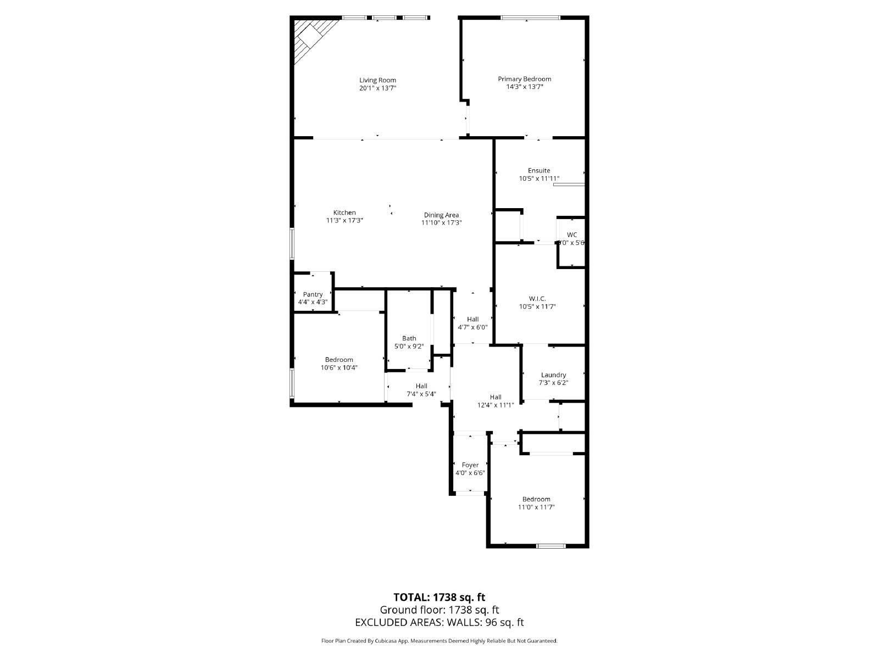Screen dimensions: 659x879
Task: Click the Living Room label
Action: point(377,80)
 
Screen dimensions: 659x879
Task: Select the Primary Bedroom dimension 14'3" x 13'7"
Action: point(524,87)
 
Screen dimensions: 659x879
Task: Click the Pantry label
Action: point(313,294)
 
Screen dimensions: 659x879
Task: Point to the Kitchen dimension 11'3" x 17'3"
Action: point(344,220)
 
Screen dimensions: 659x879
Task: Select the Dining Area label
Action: point(441,215)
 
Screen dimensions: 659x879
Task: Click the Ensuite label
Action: point(538,170)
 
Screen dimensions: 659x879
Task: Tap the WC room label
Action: point(572,234)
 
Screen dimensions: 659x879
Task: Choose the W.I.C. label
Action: point(537,298)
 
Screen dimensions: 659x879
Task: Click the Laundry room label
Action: point(553,375)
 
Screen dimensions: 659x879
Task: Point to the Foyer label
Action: point(470,465)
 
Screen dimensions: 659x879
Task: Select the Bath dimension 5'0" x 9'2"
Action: point(409,347)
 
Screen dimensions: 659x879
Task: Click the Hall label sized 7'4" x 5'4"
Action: point(421,386)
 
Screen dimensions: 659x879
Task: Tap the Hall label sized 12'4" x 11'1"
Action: point(496,397)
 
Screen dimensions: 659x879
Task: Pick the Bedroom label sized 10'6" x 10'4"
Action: point(339,360)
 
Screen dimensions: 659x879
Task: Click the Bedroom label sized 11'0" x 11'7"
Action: point(536,499)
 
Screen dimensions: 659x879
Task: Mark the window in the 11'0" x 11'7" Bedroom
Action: point(551,545)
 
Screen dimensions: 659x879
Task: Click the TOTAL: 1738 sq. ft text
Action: point(439,597)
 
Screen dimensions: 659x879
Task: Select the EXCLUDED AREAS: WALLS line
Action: point(439,622)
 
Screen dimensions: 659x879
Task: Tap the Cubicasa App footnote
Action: point(439,641)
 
